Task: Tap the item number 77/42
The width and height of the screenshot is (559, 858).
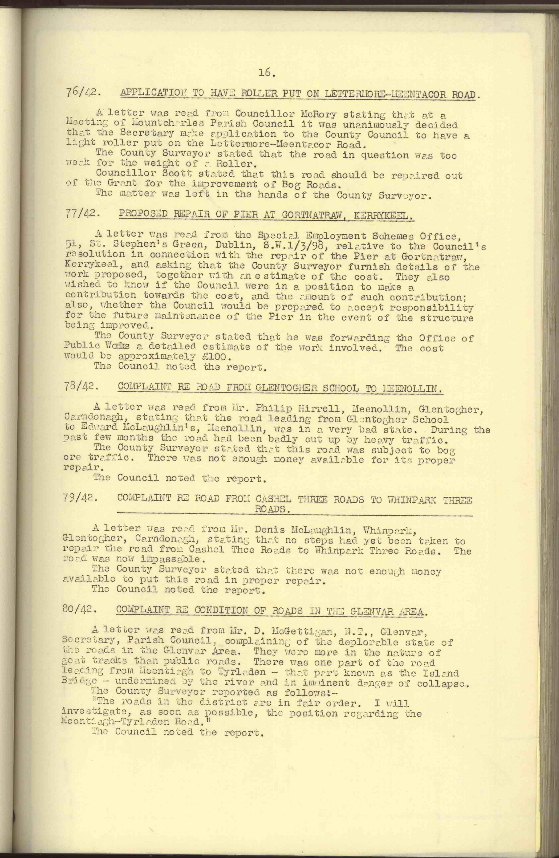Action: click(x=82, y=213)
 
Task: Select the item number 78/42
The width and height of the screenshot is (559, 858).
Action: click(x=82, y=387)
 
